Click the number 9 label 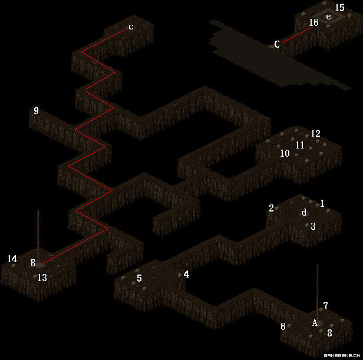click(36, 111)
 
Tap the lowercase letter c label click(131, 27)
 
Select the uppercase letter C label click(277, 44)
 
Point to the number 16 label click(313, 22)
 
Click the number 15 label click(339, 8)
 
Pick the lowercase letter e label click(328, 16)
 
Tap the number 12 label click(315, 134)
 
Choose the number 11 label click(300, 145)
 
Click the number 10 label click(285, 153)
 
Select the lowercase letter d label click(304, 212)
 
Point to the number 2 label click(271, 208)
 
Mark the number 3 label click(313, 226)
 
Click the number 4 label click(186, 275)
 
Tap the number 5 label click(139, 278)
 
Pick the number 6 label click(283, 326)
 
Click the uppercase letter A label click(315, 322)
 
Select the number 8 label click(329, 333)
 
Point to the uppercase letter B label click(33, 263)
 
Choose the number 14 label click(12, 259)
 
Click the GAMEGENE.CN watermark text click(342, 355)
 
